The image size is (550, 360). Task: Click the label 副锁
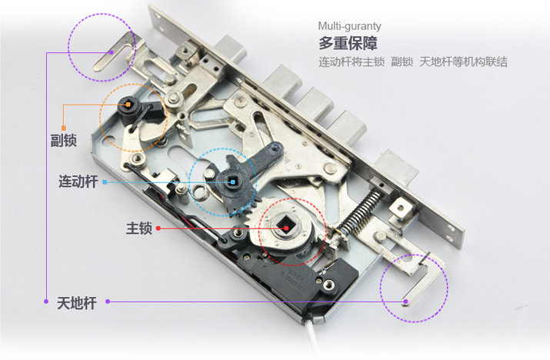[x=64, y=140]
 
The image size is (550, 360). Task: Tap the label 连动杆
[x=78, y=182]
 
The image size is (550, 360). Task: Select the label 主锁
[x=139, y=228]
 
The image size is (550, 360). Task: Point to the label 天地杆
[x=77, y=303]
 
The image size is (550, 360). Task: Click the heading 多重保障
[x=348, y=43]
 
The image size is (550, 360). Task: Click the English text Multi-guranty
[x=349, y=26]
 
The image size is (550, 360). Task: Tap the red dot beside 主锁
[x=158, y=228]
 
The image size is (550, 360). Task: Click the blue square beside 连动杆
[x=105, y=182]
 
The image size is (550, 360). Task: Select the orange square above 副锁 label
[x=64, y=128]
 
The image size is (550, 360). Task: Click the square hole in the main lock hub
[x=283, y=225]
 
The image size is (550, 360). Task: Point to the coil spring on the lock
[x=359, y=210]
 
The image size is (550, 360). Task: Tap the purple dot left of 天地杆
[x=46, y=302]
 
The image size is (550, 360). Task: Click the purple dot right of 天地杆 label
[x=108, y=302]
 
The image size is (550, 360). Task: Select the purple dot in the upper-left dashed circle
[x=112, y=52]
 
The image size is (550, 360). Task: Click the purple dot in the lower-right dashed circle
[x=405, y=301]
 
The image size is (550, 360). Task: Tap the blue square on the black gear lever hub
[x=233, y=182]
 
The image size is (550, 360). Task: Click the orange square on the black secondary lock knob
[x=128, y=104]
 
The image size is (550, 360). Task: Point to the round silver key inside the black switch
[x=328, y=284]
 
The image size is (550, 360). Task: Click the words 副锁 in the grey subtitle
[x=402, y=62]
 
